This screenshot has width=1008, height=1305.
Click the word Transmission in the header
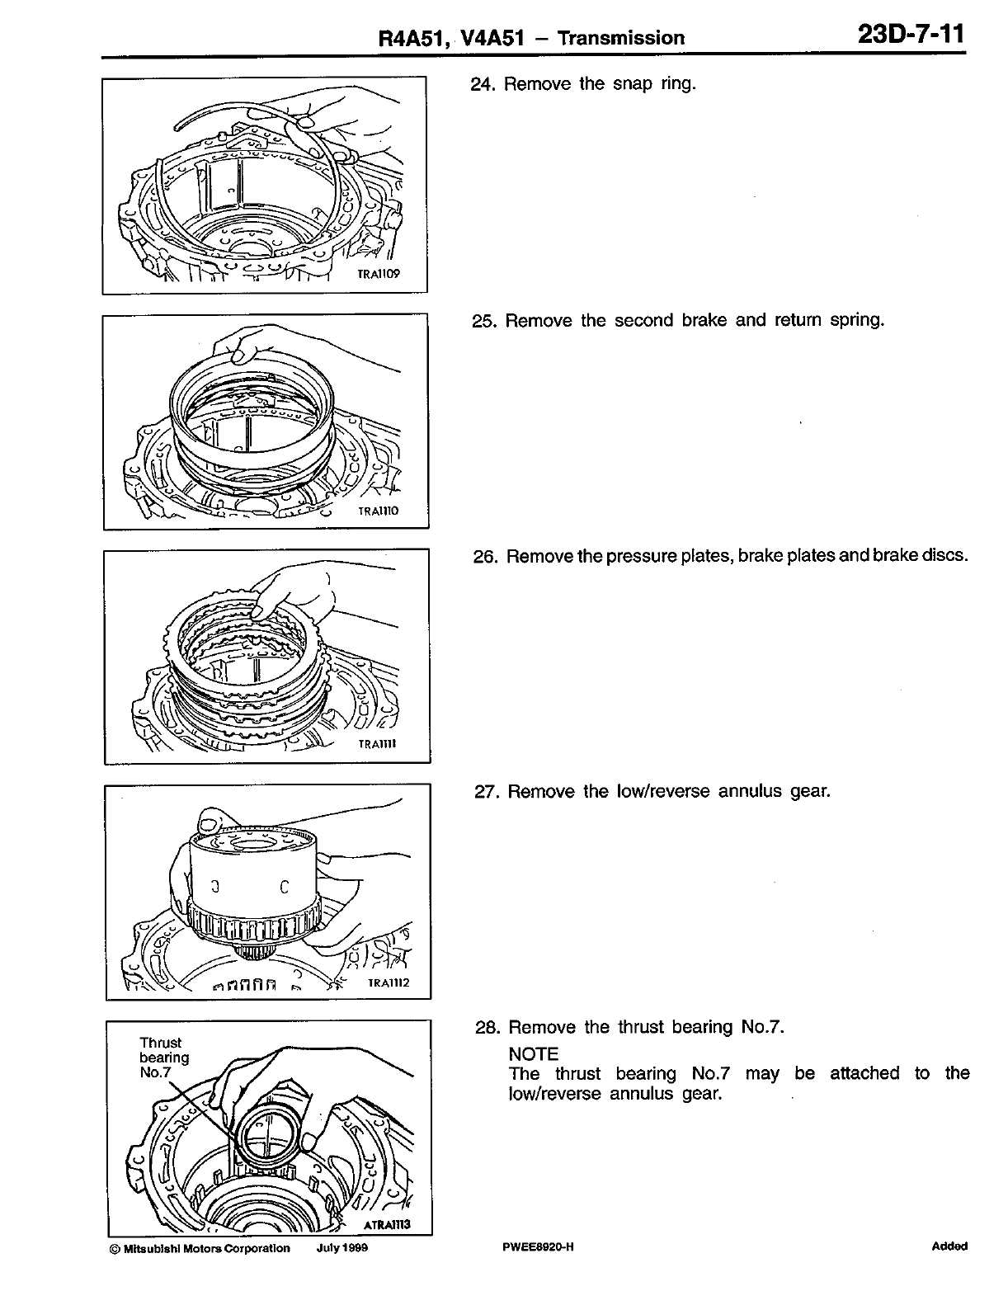pos(620,38)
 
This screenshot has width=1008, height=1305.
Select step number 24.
pos(482,84)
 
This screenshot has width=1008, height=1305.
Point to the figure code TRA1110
pos(378,511)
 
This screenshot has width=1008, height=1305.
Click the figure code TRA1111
pos(378,744)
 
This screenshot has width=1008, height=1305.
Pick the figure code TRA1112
pos(389,982)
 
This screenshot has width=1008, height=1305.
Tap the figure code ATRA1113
pos(387,1225)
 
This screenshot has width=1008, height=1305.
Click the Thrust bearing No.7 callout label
pos(163,1058)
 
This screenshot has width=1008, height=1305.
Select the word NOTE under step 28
pos(534,1054)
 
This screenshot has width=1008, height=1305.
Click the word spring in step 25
pos(857,320)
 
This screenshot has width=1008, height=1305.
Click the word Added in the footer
pos(949,1246)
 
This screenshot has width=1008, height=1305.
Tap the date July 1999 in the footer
pos(341,1248)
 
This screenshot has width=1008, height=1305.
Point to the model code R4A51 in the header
pos(408,38)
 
